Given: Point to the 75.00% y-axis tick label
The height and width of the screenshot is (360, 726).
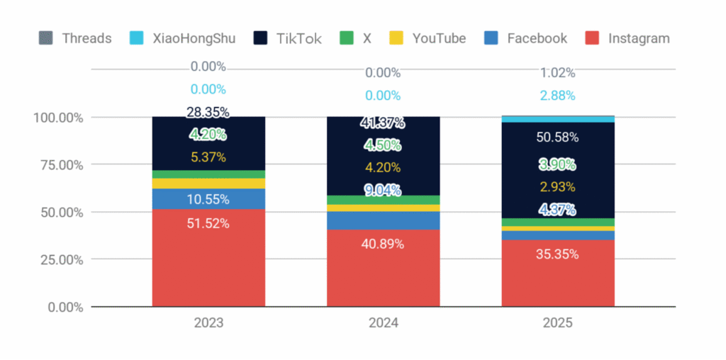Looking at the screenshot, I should [x=58, y=165].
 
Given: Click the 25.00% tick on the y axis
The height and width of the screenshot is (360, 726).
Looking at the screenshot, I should [x=58, y=260].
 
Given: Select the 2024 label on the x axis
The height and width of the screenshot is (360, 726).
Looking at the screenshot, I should [x=383, y=323].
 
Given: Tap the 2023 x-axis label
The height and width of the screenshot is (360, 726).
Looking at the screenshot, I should [x=208, y=323].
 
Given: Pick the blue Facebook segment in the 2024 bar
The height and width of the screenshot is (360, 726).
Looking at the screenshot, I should [x=383, y=220].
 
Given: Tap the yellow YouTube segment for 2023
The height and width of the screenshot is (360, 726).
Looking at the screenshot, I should [x=208, y=184].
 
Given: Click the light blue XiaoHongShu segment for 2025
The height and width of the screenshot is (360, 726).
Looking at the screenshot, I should [x=558, y=119].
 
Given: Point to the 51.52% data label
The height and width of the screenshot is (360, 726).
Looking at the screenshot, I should [x=208, y=223].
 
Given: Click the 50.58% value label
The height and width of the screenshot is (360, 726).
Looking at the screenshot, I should [x=558, y=137].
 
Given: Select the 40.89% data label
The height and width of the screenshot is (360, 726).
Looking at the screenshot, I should [x=383, y=244].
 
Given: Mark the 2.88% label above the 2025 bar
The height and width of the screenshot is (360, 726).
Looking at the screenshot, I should [x=558, y=96].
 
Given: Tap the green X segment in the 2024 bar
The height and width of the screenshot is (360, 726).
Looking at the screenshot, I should [x=383, y=200].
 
